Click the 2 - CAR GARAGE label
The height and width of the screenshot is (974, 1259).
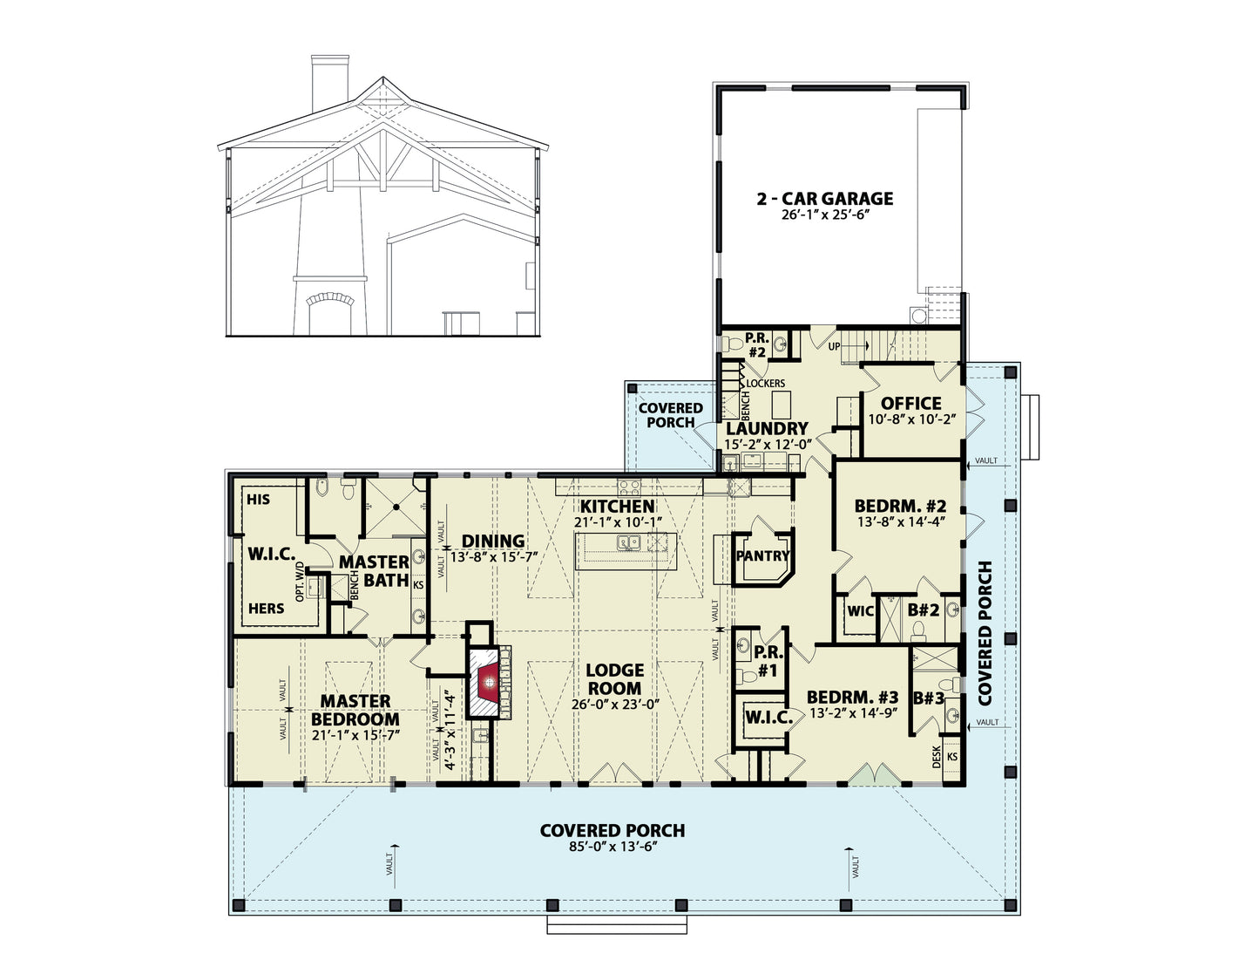pyautogui.click(x=824, y=199)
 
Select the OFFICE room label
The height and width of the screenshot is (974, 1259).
pyautogui.click(x=910, y=403)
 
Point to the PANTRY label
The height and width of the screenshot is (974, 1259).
pyautogui.click(x=762, y=555)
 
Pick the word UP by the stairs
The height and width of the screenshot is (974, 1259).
pyautogui.click(x=835, y=347)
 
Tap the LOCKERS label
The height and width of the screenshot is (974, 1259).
pyautogui.click(x=765, y=383)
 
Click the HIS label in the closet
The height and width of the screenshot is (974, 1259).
pyautogui.click(x=259, y=499)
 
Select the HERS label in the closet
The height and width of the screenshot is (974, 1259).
pyautogui.click(x=267, y=608)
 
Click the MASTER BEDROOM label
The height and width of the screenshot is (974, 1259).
pyautogui.click(x=355, y=710)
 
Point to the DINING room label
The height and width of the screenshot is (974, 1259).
pyautogui.click(x=493, y=541)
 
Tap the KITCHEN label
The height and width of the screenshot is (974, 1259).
pyautogui.click(x=618, y=506)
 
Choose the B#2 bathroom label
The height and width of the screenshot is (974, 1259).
pyautogui.click(x=923, y=610)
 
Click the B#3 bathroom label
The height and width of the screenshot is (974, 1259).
pyautogui.click(x=929, y=698)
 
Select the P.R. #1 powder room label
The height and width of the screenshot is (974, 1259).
pyautogui.click(x=768, y=662)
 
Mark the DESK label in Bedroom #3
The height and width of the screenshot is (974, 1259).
pyautogui.click(x=937, y=757)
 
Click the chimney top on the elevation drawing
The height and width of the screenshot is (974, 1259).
pyautogui.click(x=330, y=58)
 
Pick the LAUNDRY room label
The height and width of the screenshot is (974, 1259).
pyautogui.click(x=767, y=428)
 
